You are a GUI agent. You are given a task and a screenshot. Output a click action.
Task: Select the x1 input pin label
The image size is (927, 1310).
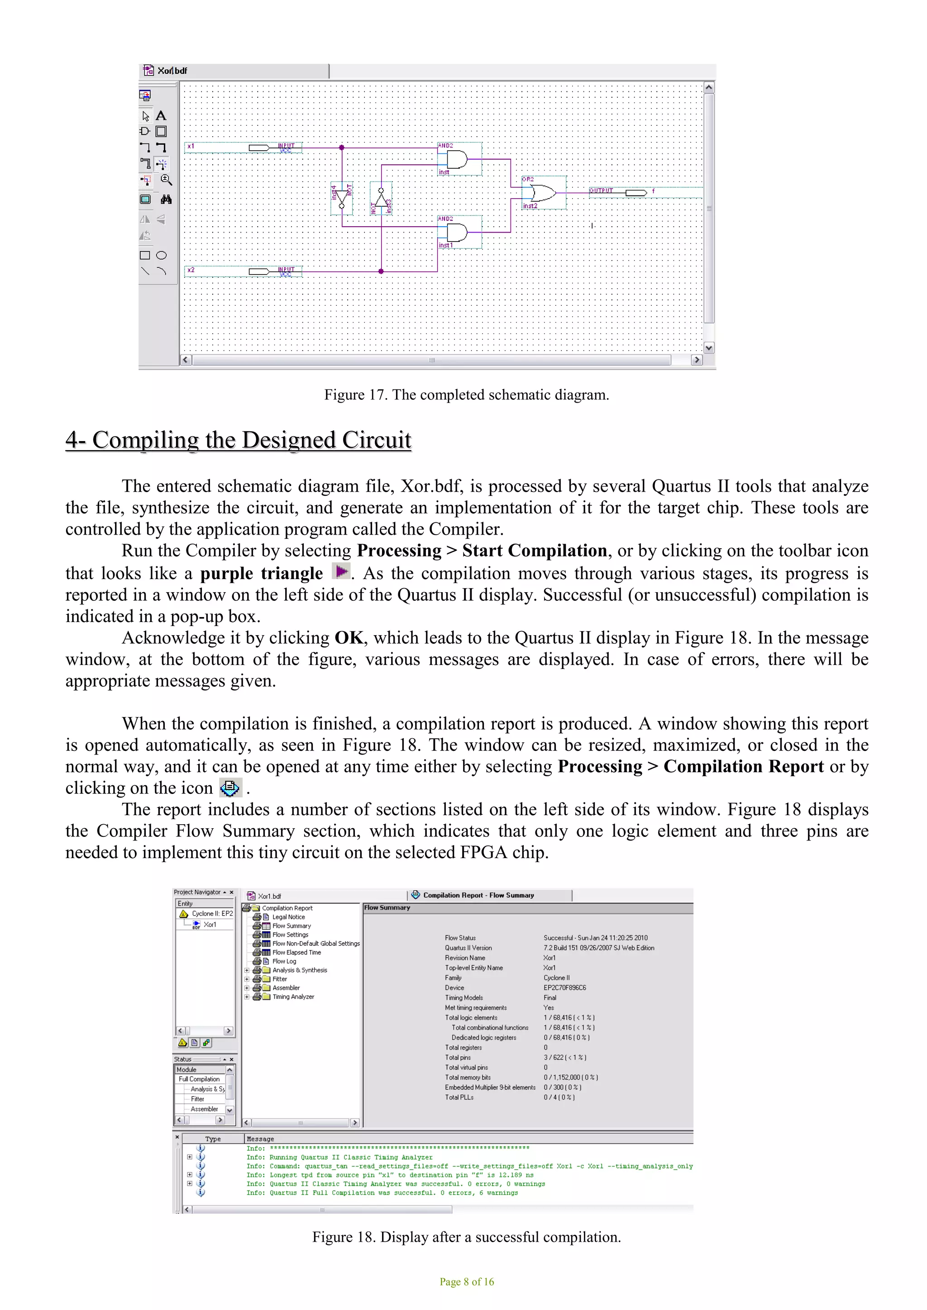click(191, 146)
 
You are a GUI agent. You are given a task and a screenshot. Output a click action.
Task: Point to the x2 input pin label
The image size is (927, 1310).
click(191, 270)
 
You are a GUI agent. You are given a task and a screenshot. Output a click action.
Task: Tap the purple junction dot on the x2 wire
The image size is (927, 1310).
click(381, 271)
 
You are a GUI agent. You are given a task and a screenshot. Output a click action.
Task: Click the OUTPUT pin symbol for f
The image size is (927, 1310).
click(636, 193)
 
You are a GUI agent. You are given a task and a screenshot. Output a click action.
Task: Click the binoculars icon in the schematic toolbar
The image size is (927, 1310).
click(166, 199)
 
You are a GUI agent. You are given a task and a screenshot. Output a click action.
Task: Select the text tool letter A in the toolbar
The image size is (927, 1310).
click(162, 116)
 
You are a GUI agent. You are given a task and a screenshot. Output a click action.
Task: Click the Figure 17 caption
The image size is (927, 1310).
click(466, 395)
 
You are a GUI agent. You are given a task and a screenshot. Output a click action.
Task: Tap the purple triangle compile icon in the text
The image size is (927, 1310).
click(341, 571)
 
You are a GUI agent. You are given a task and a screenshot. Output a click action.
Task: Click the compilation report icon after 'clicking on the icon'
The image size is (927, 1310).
click(230, 788)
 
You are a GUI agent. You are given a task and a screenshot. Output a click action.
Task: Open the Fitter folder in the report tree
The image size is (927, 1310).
click(279, 979)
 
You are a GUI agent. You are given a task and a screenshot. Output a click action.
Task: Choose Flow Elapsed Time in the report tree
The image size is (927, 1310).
click(296, 952)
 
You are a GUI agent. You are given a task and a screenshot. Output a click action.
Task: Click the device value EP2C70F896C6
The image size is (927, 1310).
click(564, 987)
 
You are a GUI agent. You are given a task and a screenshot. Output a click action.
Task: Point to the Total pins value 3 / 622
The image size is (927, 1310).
click(564, 1057)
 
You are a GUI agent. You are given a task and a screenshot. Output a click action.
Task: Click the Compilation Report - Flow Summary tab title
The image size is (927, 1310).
click(478, 895)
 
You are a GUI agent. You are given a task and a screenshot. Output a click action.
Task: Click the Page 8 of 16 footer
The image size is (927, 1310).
click(466, 1282)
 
